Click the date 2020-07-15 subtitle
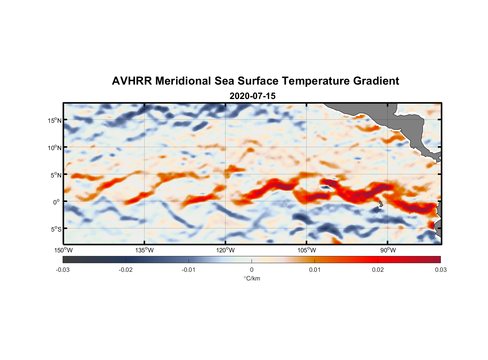(x=252, y=96)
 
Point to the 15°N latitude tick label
(x=55, y=120)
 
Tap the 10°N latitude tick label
(x=55, y=148)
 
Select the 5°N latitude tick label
(x=56, y=175)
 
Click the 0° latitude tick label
(x=57, y=202)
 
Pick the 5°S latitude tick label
(x=56, y=229)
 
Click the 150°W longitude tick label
(x=63, y=250)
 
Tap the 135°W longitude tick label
(x=144, y=250)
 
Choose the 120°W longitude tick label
(x=225, y=250)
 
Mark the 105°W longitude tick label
(x=307, y=250)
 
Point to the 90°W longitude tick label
(x=388, y=250)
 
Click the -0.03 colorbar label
(x=63, y=270)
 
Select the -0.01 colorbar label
(x=189, y=270)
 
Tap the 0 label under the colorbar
(x=252, y=270)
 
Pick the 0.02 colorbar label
(x=378, y=270)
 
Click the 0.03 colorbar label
(x=440, y=270)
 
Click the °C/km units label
(x=252, y=278)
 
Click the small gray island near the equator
(x=381, y=204)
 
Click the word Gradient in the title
(x=376, y=81)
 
